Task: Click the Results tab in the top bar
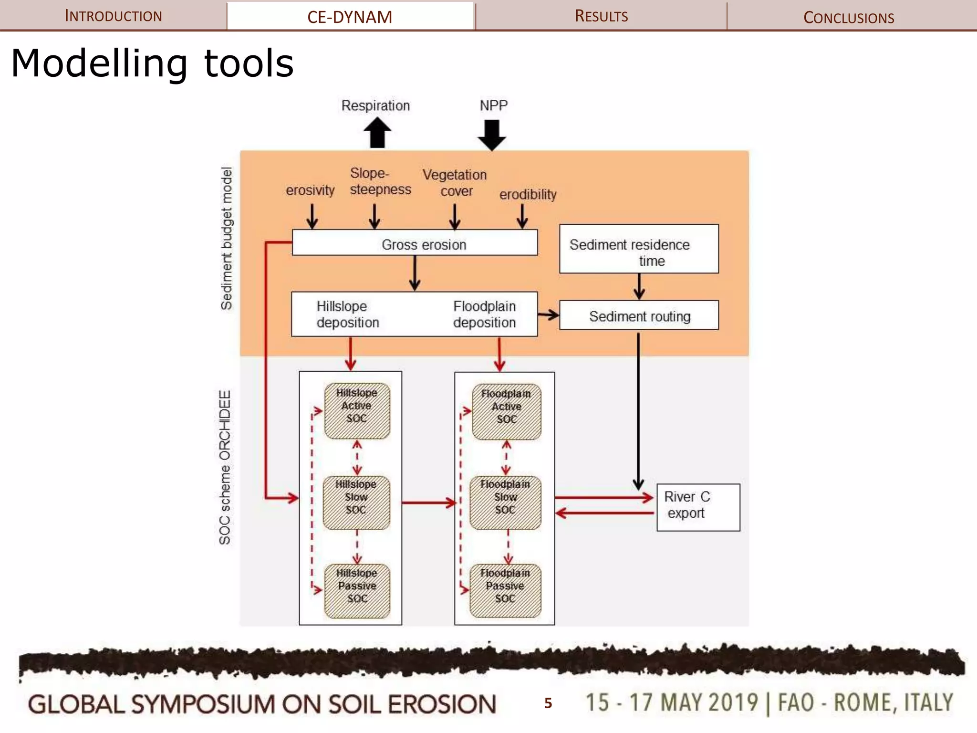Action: (x=601, y=16)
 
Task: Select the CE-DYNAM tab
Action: (x=350, y=17)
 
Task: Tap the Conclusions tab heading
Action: (x=848, y=17)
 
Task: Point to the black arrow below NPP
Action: (x=492, y=135)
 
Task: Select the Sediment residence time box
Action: (x=638, y=249)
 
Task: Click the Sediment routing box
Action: (x=639, y=315)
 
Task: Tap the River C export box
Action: (x=697, y=507)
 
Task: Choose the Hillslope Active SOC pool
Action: (x=357, y=411)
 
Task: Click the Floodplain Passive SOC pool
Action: (x=505, y=591)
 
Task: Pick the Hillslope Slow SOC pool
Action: (x=356, y=502)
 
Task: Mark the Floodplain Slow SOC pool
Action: (x=505, y=502)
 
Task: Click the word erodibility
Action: (x=528, y=194)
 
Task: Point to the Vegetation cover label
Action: (x=455, y=183)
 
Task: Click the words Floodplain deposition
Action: (x=484, y=314)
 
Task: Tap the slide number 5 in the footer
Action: (x=548, y=702)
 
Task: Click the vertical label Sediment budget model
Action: (x=226, y=239)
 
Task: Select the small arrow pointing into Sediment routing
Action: (x=548, y=315)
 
